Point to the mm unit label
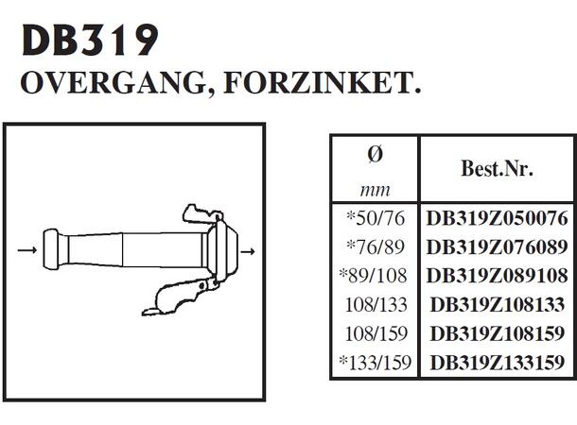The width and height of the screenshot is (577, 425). click(x=375, y=188)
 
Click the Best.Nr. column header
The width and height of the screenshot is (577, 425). click(x=497, y=169)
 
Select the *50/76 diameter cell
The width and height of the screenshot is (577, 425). click(x=375, y=219)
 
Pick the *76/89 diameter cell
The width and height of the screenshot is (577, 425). click(x=375, y=247)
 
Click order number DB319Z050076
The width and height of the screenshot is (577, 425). click(x=497, y=219)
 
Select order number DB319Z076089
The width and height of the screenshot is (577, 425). click(x=497, y=247)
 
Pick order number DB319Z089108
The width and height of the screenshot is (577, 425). click(x=497, y=276)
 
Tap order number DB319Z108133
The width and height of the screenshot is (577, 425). click(x=497, y=304)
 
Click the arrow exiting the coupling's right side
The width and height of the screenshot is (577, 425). click(x=251, y=251)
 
